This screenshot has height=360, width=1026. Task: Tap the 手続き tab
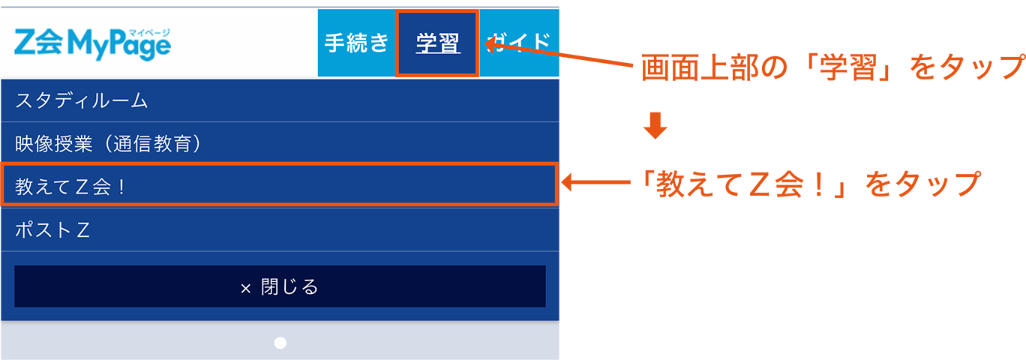356,43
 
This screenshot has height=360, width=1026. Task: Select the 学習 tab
437,43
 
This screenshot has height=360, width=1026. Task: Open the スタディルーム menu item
82,100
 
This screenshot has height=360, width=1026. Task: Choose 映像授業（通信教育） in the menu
109,143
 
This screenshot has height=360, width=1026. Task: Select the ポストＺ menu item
52,229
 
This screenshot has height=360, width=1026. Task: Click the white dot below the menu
280,343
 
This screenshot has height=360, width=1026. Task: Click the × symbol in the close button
245,287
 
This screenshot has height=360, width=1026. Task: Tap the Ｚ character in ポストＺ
83,230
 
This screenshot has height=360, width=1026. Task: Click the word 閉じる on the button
290,286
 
